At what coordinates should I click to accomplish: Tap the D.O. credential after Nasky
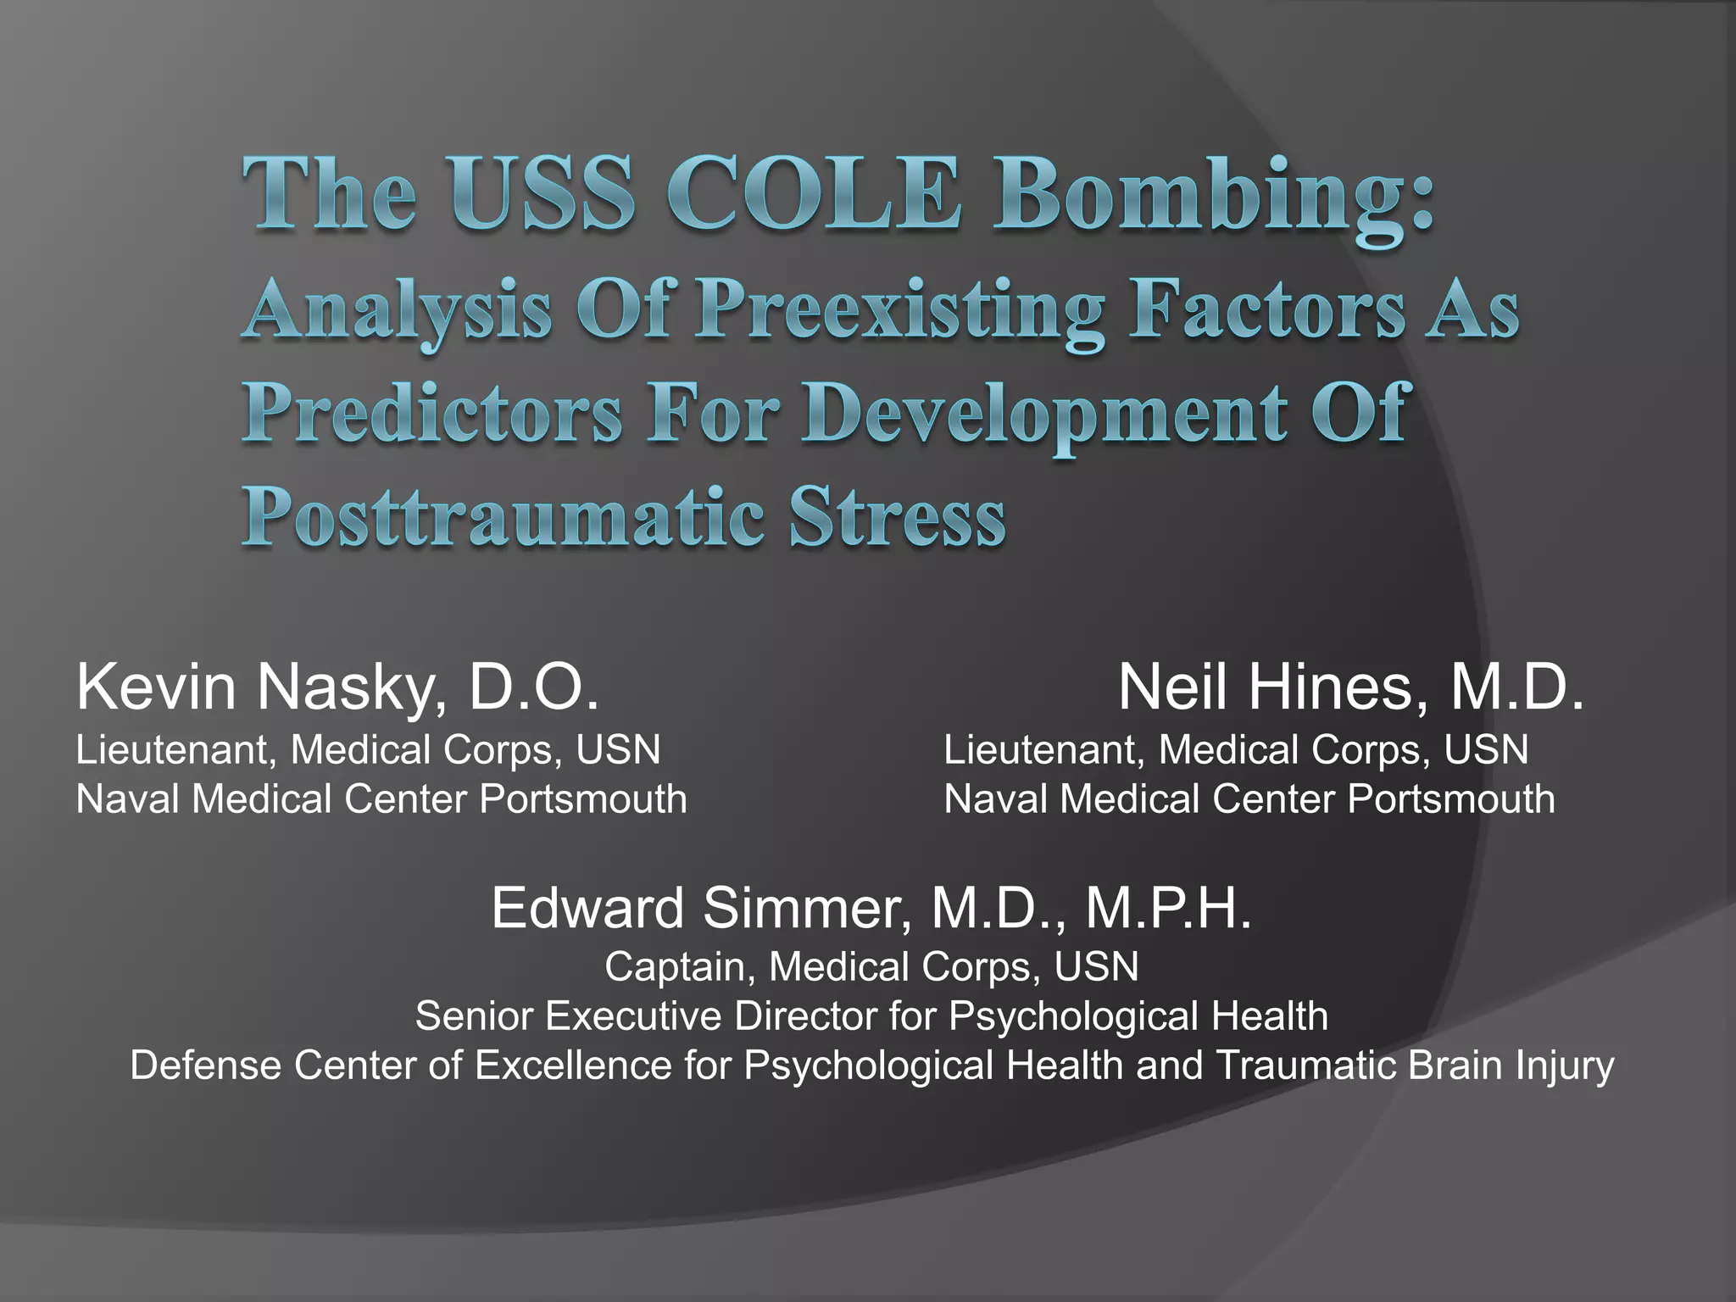pyautogui.click(x=534, y=687)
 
